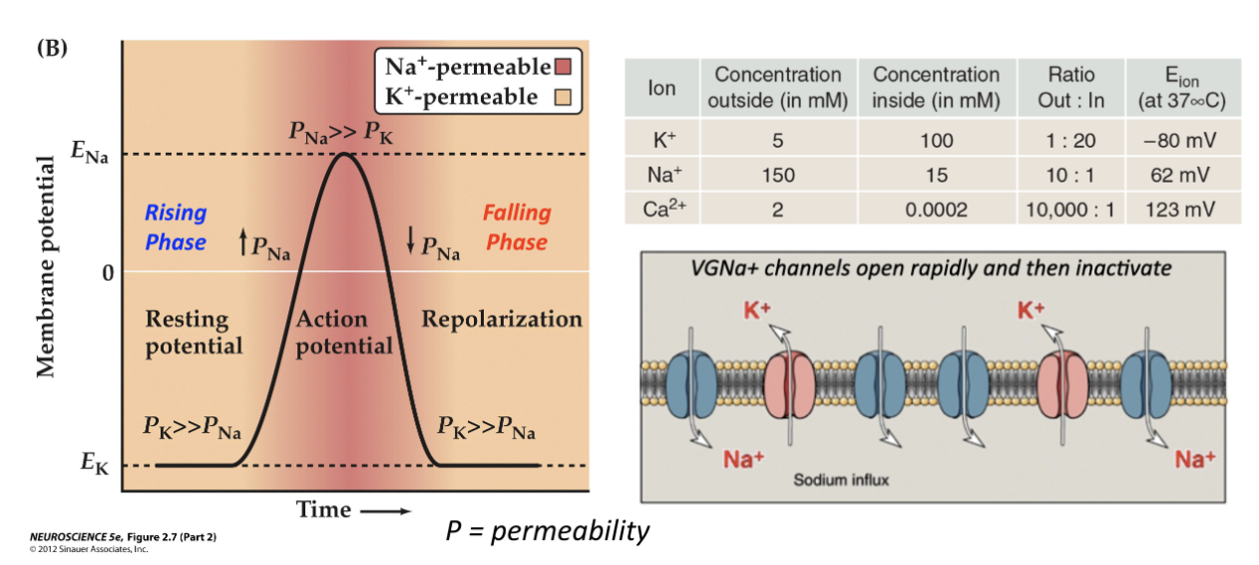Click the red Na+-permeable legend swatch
(x=563, y=67)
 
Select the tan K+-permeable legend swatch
(x=563, y=97)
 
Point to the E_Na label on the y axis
(x=90, y=152)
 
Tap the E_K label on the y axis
(x=94, y=463)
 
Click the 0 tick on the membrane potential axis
(x=108, y=274)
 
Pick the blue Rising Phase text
(x=176, y=228)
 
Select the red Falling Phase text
(x=517, y=228)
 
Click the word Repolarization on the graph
(x=502, y=319)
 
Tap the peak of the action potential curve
(x=343, y=154)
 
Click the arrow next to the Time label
(x=385, y=511)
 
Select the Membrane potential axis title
(x=46, y=267)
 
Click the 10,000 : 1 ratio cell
(x=1070, y=210)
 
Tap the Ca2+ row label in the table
(x=664, y=209)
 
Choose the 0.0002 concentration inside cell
(x=937, y=210)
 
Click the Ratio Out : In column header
(x=1071, y=87)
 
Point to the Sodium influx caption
(x=841, y=480)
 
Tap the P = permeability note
(x=548, y=531)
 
